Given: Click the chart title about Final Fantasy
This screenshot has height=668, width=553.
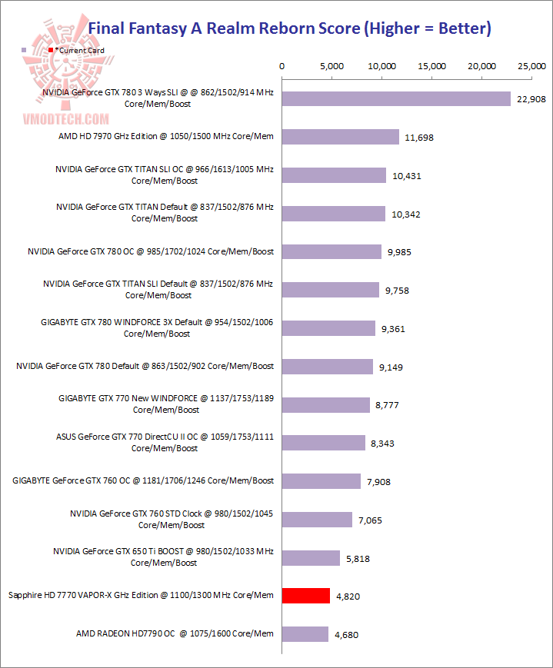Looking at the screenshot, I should click(290, 29).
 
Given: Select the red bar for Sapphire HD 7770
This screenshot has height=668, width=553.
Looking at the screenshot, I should click(306, 596).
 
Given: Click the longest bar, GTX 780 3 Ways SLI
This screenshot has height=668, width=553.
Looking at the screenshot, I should click(396, 98).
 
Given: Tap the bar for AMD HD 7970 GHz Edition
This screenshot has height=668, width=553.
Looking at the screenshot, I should click(341, 137).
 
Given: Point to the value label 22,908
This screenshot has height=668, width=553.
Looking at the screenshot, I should click(531, 99).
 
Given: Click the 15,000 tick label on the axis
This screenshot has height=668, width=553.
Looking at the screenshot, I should click(432, 67).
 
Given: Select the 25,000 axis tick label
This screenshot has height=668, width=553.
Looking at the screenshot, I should click(533, 67).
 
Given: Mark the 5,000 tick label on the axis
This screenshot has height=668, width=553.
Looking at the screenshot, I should click(331, 67).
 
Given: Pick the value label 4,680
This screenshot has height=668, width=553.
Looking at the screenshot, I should click(345, 635).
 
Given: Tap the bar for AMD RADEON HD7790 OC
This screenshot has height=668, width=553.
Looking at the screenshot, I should click(305, 634).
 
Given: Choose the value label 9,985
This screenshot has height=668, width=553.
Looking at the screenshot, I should click(398, 252).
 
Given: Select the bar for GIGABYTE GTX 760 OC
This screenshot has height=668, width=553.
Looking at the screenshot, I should click(321, 481).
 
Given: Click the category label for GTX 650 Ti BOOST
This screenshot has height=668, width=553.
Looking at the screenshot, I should click(164, 557).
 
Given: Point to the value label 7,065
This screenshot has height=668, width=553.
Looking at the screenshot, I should click(370, 520).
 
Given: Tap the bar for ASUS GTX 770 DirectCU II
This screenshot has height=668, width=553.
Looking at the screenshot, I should click(324, 443).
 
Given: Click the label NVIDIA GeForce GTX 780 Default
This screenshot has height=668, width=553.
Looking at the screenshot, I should click(145, 366).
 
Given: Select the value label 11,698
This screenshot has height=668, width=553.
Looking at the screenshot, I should click(418, 138).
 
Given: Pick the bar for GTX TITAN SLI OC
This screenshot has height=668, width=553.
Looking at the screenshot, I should click(334, 175).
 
